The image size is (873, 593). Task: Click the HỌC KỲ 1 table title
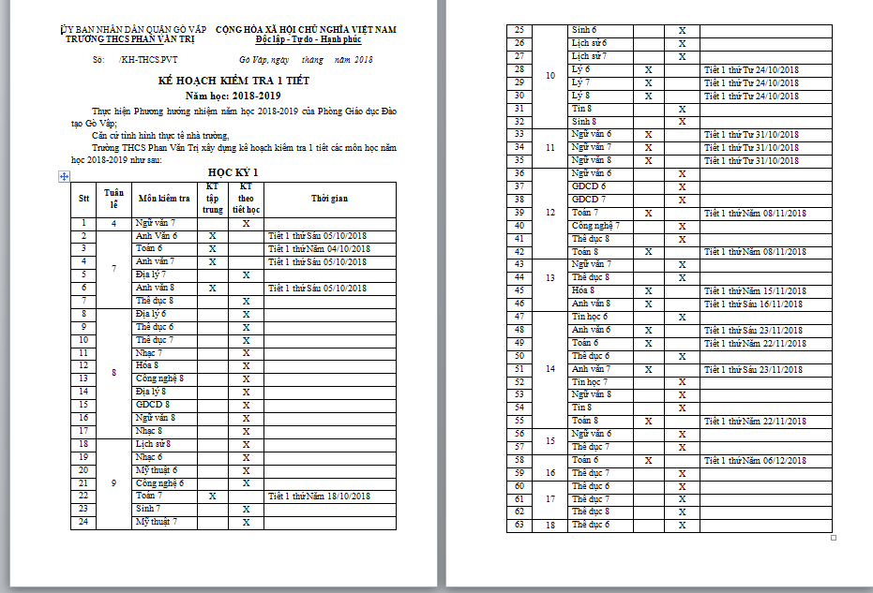[233, 172]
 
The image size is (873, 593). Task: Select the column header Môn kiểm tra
[164, 198]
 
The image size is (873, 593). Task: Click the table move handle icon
[64, 176]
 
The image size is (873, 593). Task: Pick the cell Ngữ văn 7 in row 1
[155, 223]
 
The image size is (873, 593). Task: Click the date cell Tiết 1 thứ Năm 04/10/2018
[319, 249]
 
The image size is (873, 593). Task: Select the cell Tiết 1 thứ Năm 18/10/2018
[319, 495]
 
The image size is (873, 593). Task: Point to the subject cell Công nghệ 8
[159, 378]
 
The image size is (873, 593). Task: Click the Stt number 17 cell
[83, 430]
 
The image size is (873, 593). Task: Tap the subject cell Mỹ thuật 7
[157, 521]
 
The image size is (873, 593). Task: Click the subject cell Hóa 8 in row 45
[587, 290]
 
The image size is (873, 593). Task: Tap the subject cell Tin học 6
[591, 317]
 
